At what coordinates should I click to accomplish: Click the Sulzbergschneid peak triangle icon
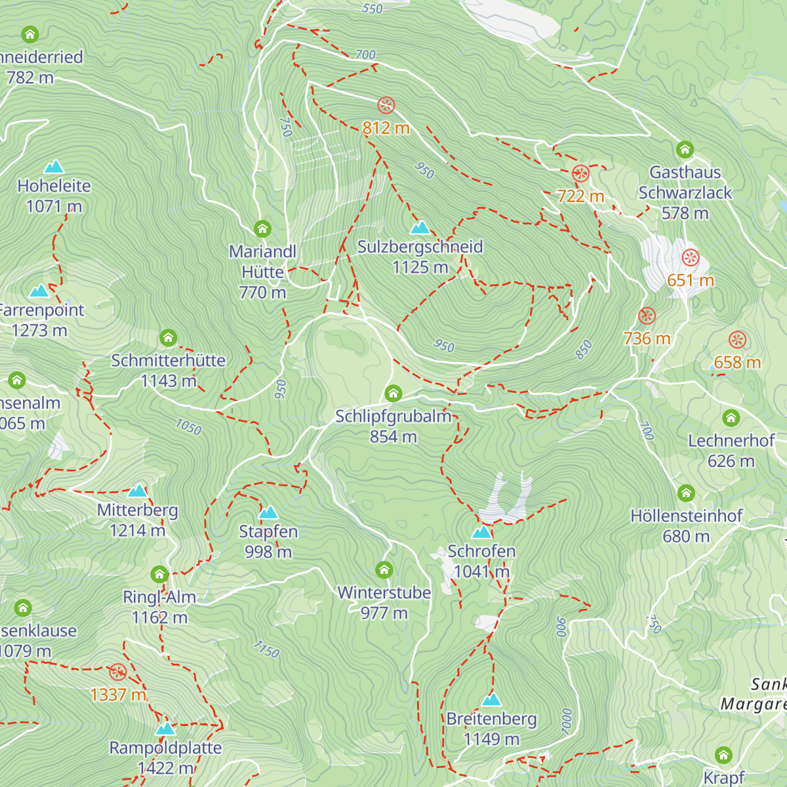click(420, 228)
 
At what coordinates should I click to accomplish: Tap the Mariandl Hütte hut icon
click(262, 229)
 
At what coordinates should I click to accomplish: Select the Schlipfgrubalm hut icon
click(393, 393)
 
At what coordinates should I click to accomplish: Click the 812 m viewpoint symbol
click(386, 105)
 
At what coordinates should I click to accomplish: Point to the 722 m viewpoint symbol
click(580, 174)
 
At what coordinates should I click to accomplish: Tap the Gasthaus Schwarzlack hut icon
click(685, 150)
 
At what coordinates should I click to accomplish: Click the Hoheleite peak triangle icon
click(54, 167)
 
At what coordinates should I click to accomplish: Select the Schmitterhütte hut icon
click(169, 338)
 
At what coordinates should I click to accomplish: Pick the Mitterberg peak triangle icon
click(137, 491)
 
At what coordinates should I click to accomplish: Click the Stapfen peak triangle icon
click(268, 513)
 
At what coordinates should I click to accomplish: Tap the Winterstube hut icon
click(384, 570)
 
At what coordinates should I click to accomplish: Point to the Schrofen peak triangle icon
click(481, 532)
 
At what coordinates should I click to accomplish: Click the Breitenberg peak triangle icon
click(491, 700)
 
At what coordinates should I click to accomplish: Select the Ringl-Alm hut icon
click(159, 575)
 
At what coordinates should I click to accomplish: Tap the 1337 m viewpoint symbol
click(117, 672)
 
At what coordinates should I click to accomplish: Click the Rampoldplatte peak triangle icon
click(165, 729)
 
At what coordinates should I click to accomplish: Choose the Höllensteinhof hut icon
click(686, 493)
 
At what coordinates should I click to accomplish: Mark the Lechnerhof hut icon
click(731, 418)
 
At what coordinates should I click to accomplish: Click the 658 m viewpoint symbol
click(738, 340)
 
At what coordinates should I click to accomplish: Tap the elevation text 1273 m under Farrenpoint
click(39, 331)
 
